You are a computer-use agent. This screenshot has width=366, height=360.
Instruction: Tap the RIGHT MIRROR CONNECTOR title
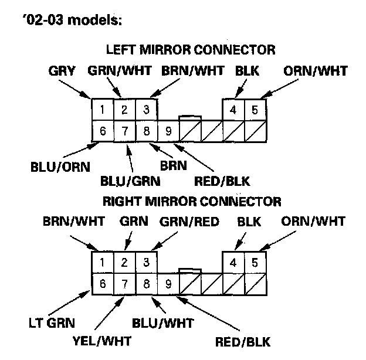click(x=191, y=201)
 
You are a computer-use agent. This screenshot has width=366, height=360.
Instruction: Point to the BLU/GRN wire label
click(x=130, y=181)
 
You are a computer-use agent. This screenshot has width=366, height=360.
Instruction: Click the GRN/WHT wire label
click(x=120, y=71)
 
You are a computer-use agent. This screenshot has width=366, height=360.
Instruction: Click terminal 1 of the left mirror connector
click(x=102, y=109)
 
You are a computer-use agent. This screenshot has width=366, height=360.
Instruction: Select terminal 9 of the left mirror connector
click(x=168, y=131)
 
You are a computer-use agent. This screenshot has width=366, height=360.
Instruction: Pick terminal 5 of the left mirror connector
click(x=255, y=109)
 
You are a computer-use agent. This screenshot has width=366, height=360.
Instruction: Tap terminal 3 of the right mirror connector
click(x=146, y=262)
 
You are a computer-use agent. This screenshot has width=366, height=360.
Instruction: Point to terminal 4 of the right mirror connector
click(x=233, y=262)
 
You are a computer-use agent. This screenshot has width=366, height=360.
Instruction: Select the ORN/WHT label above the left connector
click(x=315, y=71)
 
